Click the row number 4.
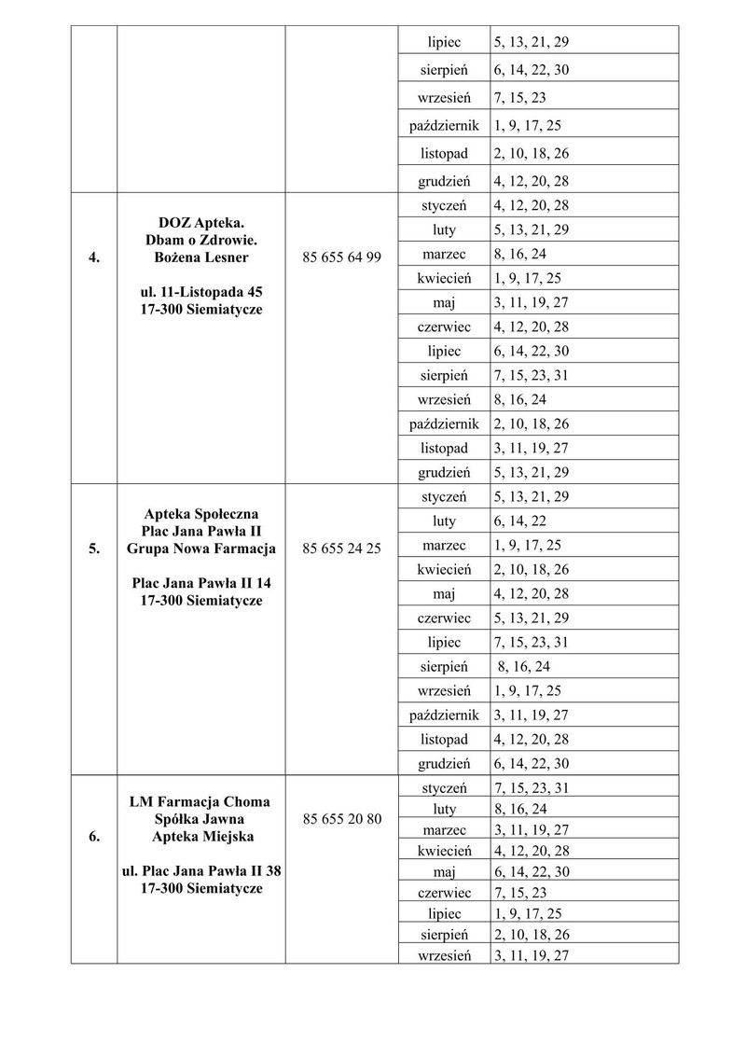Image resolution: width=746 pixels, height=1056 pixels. point(94,258)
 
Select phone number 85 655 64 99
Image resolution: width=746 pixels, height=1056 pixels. point(341,258)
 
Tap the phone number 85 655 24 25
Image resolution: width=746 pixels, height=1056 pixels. point(341,549)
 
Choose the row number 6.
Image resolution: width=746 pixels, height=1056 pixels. point(94,837)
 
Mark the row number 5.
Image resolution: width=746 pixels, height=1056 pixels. point(94,549)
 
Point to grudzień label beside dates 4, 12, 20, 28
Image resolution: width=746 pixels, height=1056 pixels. point(444,181)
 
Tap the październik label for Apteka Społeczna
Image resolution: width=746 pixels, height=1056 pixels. point(444,715)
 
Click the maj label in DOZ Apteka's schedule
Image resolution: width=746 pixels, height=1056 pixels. point(444,302)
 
